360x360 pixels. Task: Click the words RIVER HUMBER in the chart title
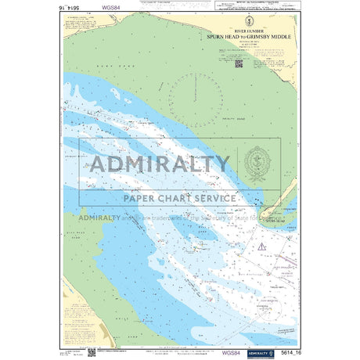pyautogui.click(x=236, y=32)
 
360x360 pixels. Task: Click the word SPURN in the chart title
pyautogui.click(x=215, y=37)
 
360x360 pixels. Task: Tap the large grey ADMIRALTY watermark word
pyautogui.click(x=160, y=164)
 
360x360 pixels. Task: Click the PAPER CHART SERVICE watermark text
pyautogui.click(x=179, y=198)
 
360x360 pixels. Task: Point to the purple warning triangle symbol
pyautogui.click(x=263, y=248)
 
